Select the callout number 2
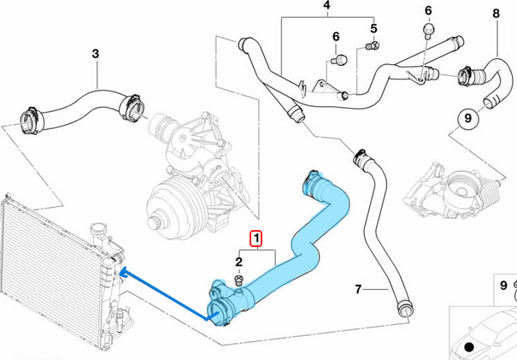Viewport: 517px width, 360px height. pos(238,262)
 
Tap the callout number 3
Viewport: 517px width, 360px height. pos(95,54)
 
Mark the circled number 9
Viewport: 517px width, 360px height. pos(468,118)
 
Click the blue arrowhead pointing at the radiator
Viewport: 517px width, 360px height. pos(124,272)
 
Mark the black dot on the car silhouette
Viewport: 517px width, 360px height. pos(468,346)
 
